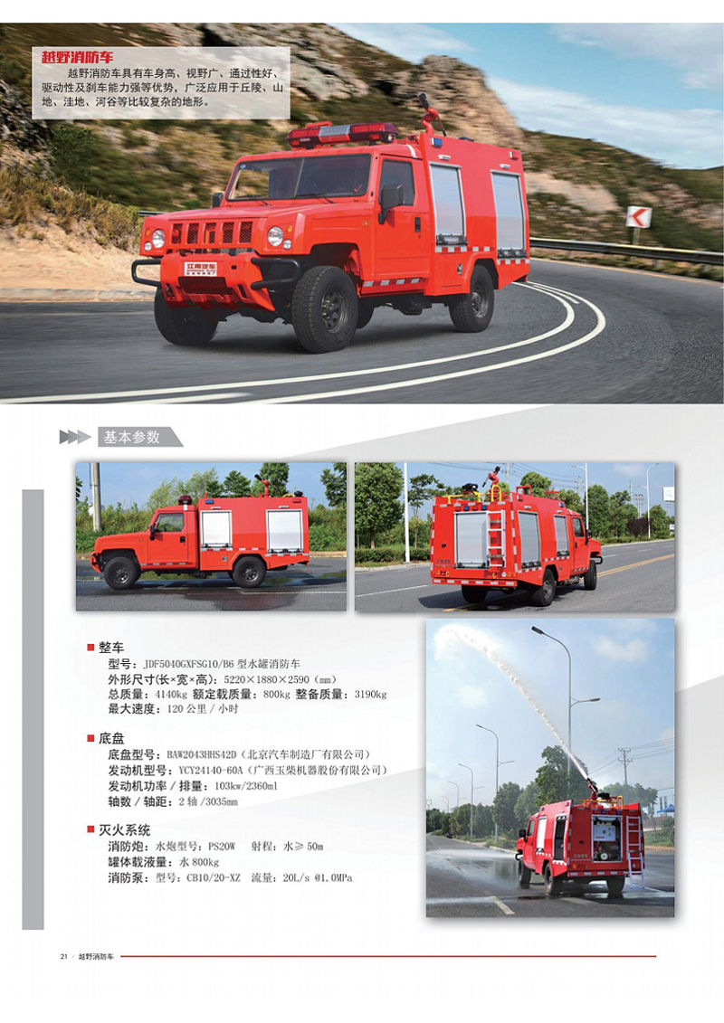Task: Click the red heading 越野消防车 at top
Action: pos(77,58)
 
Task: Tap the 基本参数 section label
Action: pos(132,437)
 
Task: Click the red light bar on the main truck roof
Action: pos(342,134)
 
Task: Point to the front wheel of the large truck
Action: pos(325,308)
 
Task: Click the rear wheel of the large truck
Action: pos(472,298)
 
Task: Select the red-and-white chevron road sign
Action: pos(639,216)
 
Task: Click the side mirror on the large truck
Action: pos(390,198)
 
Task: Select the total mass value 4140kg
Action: pos(171,694)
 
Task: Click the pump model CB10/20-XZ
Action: pos(214,877)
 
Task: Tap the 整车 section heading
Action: pos(111,648)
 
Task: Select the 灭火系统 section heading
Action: pos(124,829)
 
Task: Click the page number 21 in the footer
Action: pos(64,956)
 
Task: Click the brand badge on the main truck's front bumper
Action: pos(201,269)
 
